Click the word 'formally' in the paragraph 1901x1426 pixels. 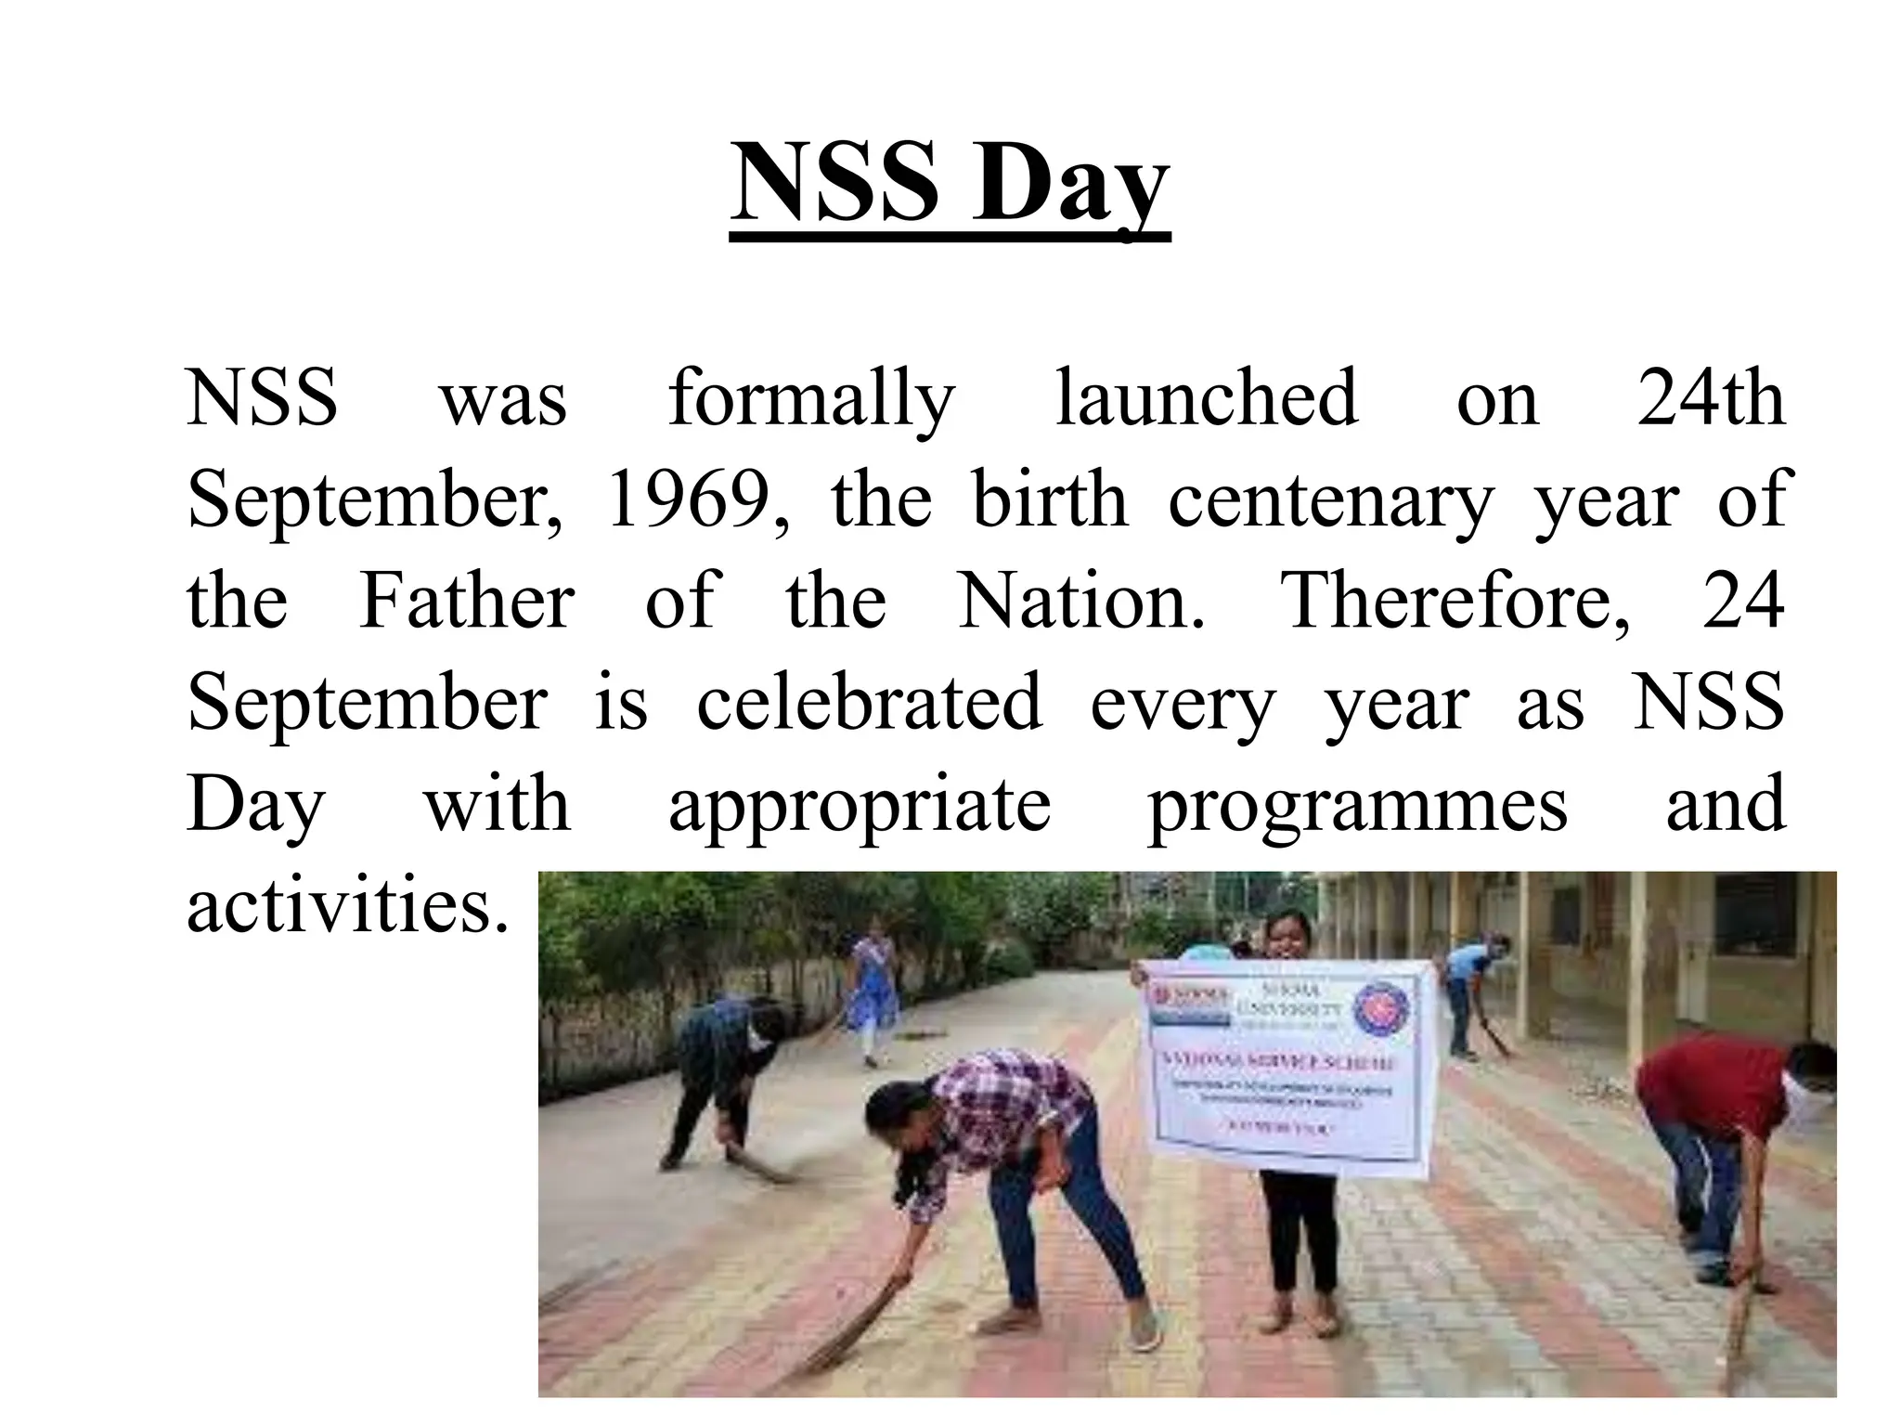coord(811,399)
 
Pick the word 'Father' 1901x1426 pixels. coord(467,601)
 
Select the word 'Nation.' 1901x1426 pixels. coord(1081,601)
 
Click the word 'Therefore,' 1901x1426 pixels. coord(1455,601)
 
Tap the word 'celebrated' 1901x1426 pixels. coord(869,702)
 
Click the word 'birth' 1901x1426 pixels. coord(1050,499)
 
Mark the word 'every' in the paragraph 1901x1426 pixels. coord(1183,704)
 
